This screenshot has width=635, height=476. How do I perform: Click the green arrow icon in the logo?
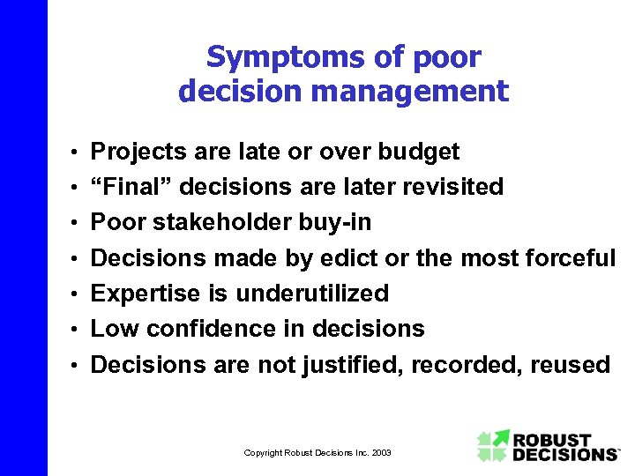point(493,445)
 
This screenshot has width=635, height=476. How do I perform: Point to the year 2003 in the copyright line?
point(380,452)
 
